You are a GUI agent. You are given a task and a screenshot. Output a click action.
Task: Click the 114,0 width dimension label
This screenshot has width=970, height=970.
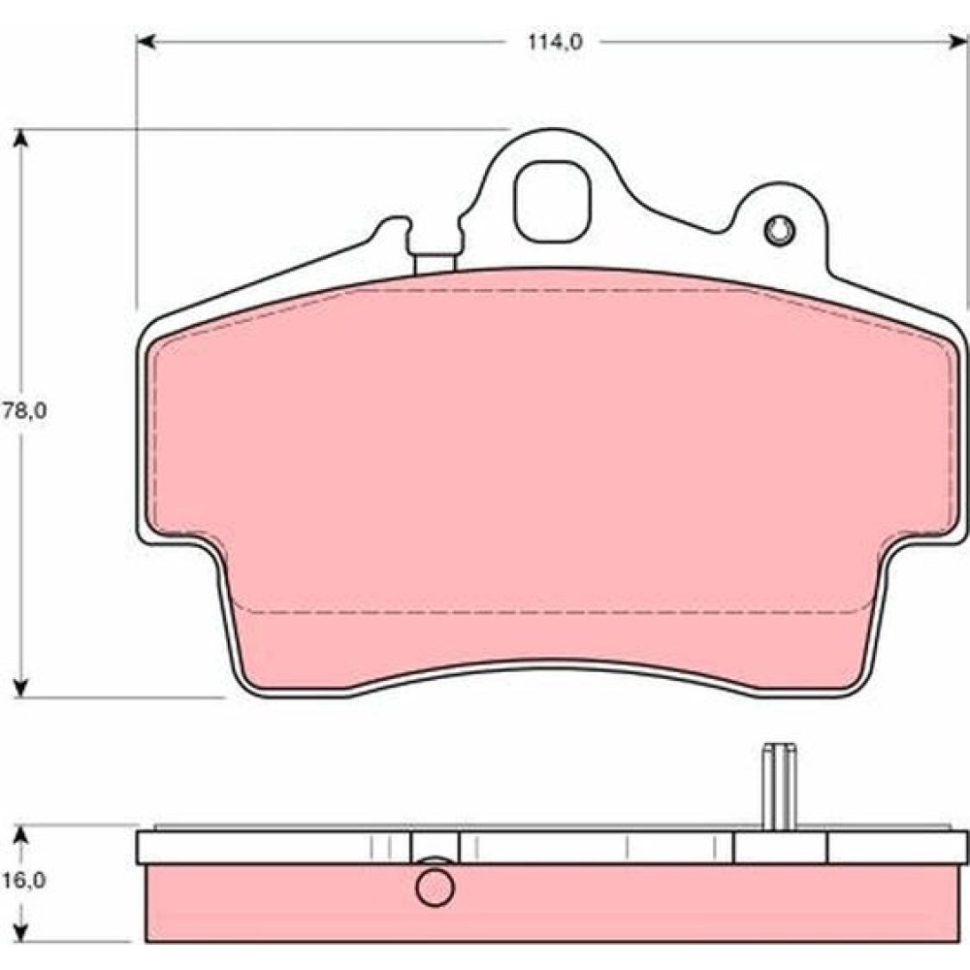click(555, 43)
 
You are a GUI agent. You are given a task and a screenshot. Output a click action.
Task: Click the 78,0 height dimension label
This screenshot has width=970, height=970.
click(25, 410)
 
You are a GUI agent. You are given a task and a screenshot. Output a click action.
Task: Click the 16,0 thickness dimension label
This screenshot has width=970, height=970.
click(24, 880)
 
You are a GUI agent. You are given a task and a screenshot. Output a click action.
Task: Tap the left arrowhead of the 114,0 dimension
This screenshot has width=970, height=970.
click(145, 42)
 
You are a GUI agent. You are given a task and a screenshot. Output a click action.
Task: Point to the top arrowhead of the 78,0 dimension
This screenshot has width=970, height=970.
click(21, 138)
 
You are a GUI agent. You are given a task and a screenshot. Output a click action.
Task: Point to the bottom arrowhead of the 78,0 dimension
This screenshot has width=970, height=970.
click(21, 689)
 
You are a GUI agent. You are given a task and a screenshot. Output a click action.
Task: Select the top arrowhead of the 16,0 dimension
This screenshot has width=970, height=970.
click(21, 835)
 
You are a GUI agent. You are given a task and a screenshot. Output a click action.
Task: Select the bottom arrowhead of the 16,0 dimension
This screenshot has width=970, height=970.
click(21, 932)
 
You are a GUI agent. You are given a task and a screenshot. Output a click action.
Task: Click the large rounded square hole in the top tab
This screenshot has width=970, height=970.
click(553, 202)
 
